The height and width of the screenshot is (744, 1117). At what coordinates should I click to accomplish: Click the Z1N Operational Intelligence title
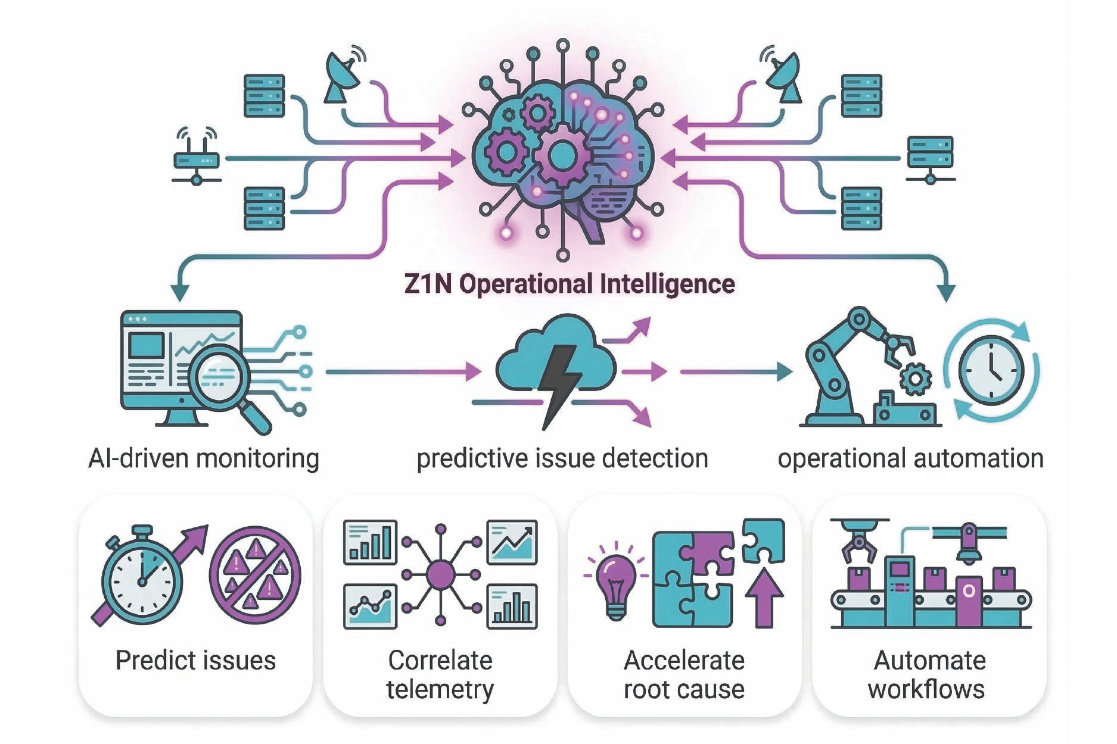coord(569,284)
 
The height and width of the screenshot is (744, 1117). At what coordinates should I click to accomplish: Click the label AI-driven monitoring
coord(204,459)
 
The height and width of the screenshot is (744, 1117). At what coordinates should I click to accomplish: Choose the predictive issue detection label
coord(562,459)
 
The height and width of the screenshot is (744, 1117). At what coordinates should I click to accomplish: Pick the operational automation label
coord(910,459)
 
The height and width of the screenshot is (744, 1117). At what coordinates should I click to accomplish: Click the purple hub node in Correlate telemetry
coord(441,575)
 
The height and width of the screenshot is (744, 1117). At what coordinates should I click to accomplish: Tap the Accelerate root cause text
coord(684,675)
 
